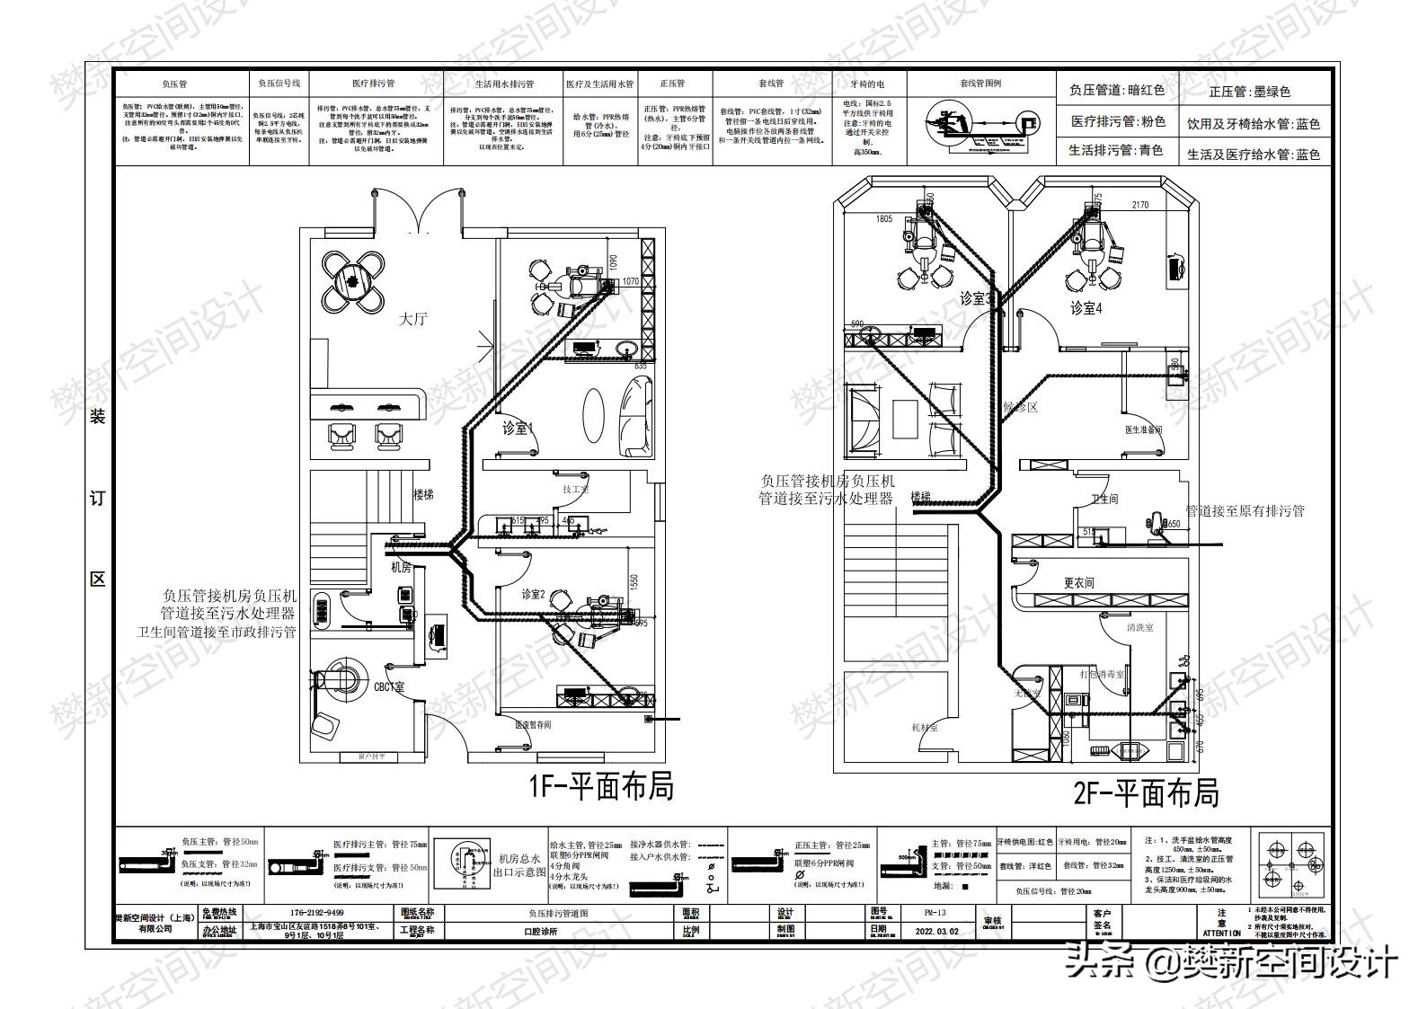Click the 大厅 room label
coord(413,319)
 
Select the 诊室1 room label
coord(517,429)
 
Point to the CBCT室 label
coord(389,687)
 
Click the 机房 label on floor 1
coord(401,568)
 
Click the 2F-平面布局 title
coord(1146,794)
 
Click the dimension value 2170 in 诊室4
coord(1139,206)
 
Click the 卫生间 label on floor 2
coord(1103,499)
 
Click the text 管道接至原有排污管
coord(1245,511)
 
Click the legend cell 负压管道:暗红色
coord(1116,90)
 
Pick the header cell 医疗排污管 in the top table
coord(373,84)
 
